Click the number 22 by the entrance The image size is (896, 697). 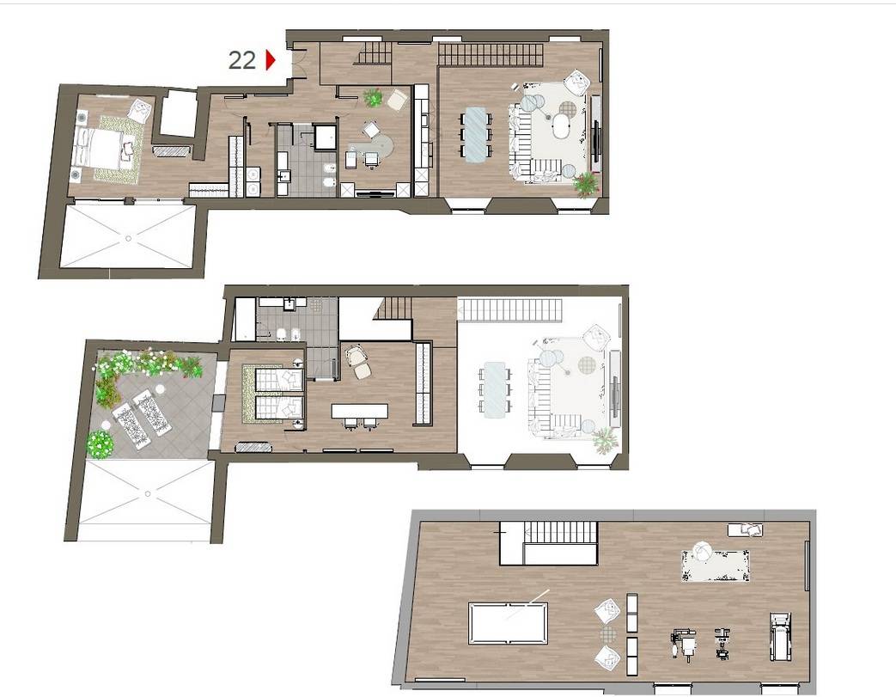tap(241, 60)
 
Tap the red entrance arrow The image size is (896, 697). tap(271, 60)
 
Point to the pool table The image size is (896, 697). tap(508, 623)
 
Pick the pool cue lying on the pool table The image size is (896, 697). tap(527, 604)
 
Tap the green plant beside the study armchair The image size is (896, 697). tap(373, 98)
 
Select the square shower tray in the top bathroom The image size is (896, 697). tap(326, 138)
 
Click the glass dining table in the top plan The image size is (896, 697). tap(475, 135)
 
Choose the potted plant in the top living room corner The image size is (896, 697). tap(586, 184)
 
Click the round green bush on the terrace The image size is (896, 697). tap(101, 443)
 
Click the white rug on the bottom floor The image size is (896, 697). tap(716, 566)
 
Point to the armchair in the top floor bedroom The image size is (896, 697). tap(141, 110)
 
